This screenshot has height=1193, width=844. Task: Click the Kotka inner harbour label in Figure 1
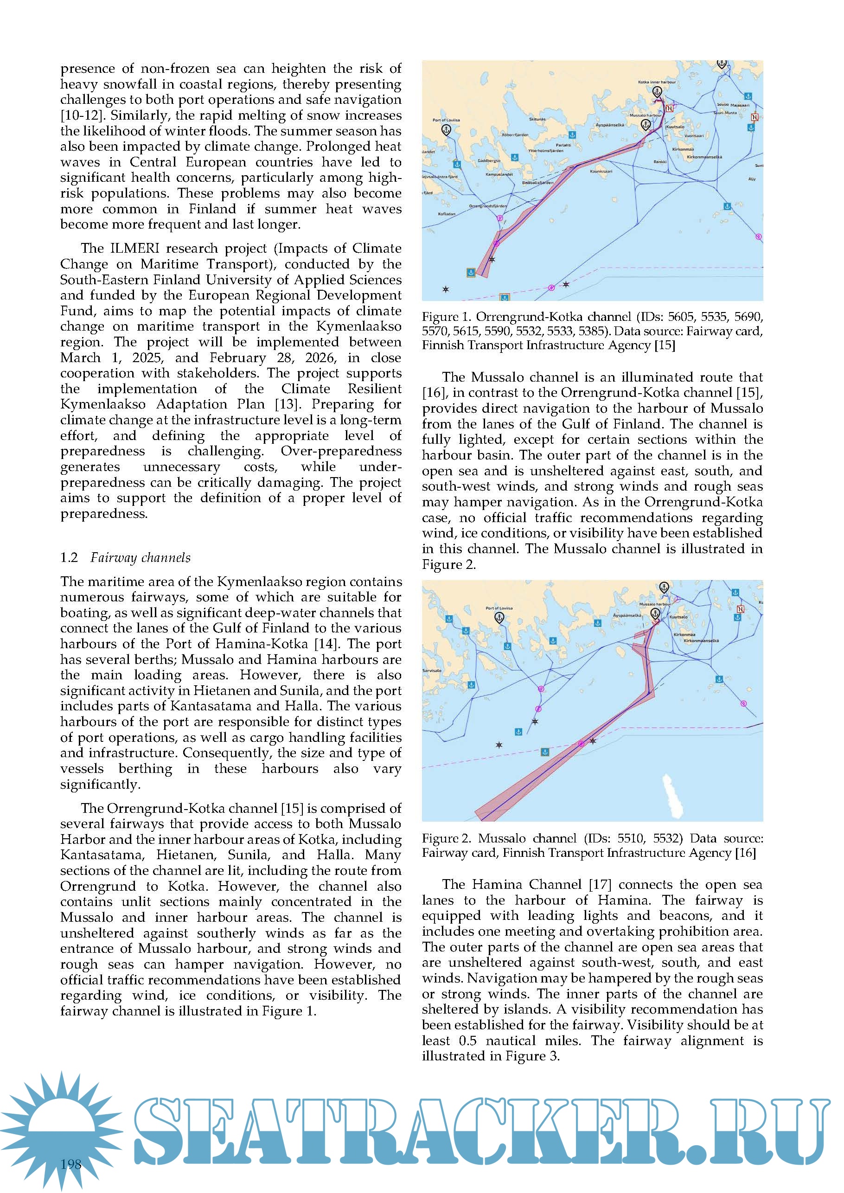(657, 82)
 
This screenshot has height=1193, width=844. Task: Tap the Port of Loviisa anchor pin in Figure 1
(446, 129)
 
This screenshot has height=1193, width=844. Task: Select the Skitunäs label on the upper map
(537, 119)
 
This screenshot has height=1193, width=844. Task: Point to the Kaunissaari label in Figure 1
(601, 171)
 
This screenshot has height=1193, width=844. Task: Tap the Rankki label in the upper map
(660, 162)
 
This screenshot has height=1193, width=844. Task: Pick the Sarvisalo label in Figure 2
(432, 670)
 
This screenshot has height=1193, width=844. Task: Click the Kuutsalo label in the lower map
(678, 617)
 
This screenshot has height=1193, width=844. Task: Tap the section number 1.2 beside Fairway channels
(69, 557)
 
